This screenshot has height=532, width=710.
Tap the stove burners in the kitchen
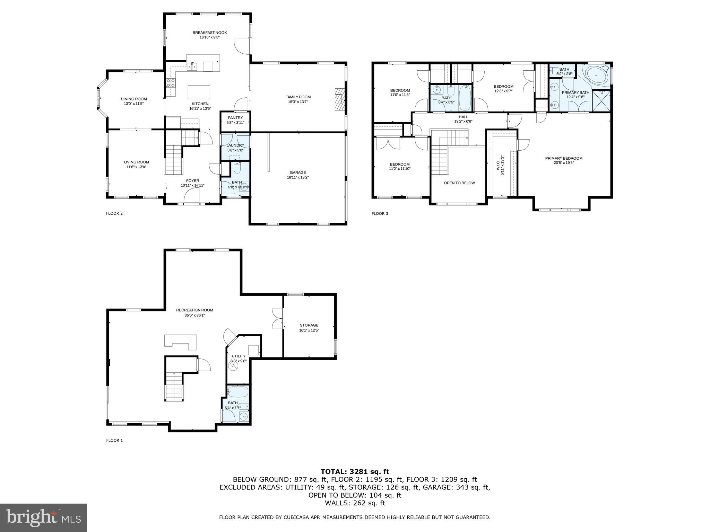click(171, 82)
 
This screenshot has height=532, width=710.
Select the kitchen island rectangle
click(199, 92)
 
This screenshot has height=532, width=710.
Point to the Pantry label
click(235, 118)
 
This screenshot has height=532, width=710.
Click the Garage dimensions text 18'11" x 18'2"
click(297, 177)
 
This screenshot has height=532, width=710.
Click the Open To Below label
click(459, 183)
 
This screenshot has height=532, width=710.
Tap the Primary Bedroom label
click(564, 158)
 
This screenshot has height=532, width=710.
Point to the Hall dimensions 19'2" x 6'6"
click(463, 122)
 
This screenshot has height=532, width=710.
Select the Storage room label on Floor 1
click(309, 325)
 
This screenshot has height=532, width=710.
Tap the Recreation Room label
click(194, 310)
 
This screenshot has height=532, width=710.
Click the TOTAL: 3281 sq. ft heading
click(355, 472)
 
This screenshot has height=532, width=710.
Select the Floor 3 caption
click(380, 213)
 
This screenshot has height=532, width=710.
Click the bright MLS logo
click(43, 517)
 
